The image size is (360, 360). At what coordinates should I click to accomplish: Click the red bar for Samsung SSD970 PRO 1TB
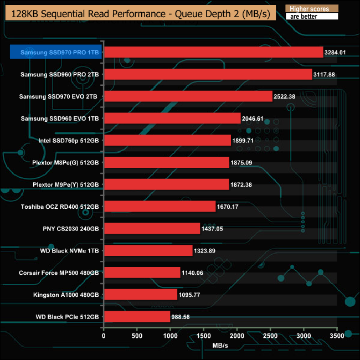tap(213, 52)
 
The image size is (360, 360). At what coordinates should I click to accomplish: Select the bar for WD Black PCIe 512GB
tap(137, 317)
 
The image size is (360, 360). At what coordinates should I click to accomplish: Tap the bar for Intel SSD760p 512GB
tap(167, 140)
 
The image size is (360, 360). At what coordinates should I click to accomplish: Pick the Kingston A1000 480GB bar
tap(140, 295)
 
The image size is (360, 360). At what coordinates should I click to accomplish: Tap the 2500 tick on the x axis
tap(270, 335)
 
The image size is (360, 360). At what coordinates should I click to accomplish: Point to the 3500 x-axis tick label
tap(337, 335)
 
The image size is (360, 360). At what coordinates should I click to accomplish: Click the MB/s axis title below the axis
tap(220, 347)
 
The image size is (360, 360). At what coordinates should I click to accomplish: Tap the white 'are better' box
tap(311, 17)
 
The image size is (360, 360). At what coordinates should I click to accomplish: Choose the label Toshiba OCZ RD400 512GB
tap(60, 207)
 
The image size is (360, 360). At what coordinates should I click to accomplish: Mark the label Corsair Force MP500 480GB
tap(58, 272)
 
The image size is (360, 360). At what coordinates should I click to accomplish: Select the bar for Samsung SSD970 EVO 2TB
tap(188, 96)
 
